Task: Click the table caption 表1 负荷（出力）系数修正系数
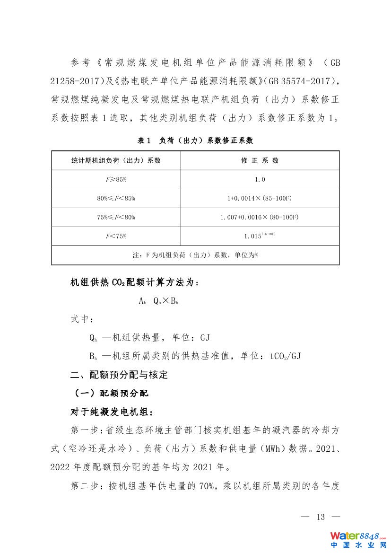tap(195, 140)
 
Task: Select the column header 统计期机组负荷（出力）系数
tap(116, 160)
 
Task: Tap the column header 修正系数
tap(260, 160)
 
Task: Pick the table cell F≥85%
tap(116, 179)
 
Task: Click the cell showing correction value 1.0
tap(260, 179)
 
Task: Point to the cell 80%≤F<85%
tap(116, 198)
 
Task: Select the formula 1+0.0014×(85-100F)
tap(260, 198)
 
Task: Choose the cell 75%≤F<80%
tap(116, 217)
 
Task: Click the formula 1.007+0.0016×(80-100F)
tap(260, 217)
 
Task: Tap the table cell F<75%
tap(116, 236)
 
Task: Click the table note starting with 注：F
tap(195, 255)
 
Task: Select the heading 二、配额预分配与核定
tap(119, 375)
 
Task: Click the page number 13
tap(321, 517)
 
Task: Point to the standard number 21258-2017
tap(77, 81)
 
